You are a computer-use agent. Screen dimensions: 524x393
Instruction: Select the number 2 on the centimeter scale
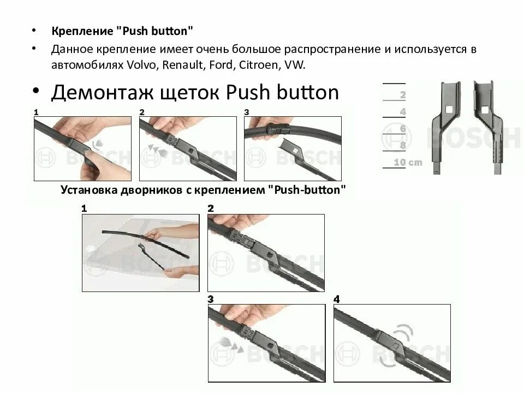tap(403, 95)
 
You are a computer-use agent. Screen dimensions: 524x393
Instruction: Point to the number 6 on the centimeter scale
tap(403, 129)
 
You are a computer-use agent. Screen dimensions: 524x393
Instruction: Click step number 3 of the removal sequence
tap(247, 112)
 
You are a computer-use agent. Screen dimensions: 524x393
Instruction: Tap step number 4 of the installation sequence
tap(336, 299)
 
